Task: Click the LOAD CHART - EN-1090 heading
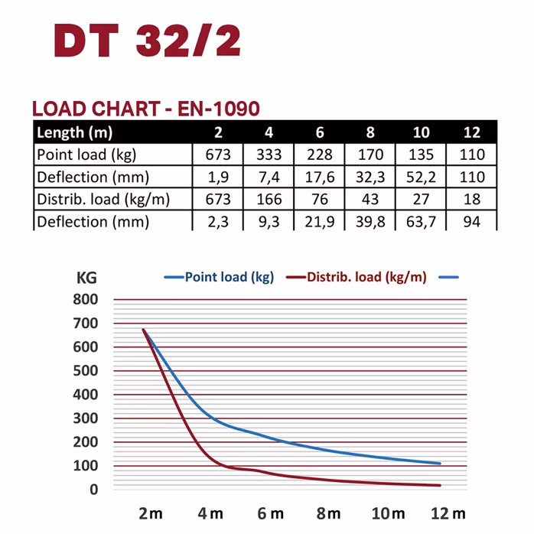click(146, 108)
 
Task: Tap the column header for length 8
click(370, 132)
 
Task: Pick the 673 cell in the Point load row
click(218, 155)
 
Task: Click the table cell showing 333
click(269, 155)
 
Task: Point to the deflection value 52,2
click(421, 177)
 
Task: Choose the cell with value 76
click(320, 200)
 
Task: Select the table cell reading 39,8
click(370, 222)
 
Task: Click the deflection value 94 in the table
click(472, 222)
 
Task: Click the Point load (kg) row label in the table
click(86, 155)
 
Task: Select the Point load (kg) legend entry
click(222, 277)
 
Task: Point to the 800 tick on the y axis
click(86, 300)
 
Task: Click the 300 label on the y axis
click(86, 418)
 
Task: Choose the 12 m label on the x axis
click(448, 513)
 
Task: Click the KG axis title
click(86, 277)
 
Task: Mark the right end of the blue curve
click(441, 464)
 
